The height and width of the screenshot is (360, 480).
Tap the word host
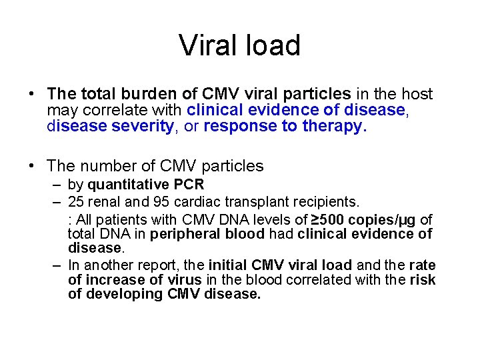(x=417, y=95)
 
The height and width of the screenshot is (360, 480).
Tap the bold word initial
(x=229, y=264)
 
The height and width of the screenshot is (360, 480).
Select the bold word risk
(x=422, y=280)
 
